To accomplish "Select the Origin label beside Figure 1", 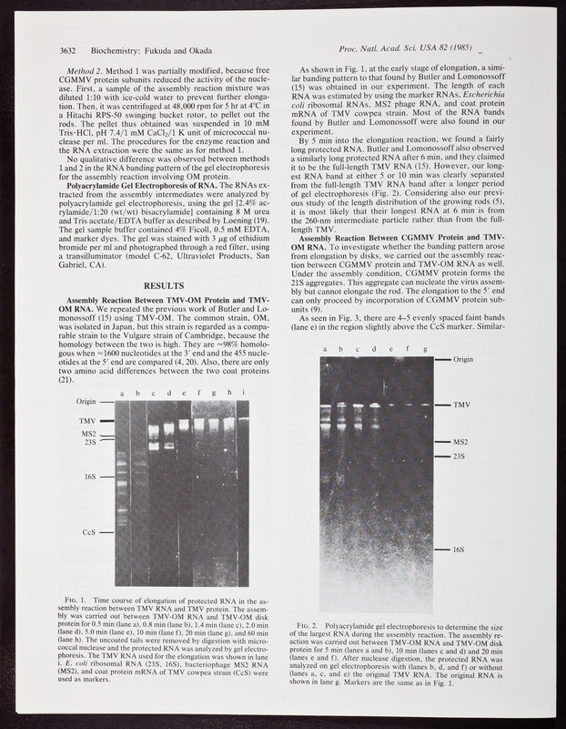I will pyautogui.click(x=86, y=401).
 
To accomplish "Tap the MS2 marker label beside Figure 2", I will pyautogui.click(x=463, y=442).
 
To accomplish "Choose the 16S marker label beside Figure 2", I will pyautogui.click(x=462, y=550).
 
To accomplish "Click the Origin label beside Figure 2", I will pyautogui.click(x=467, y=360).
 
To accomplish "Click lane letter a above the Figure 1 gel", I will pyautogui.click(x=120, y=393).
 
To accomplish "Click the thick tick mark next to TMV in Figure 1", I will pyautogui.click(x=106, y=421).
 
